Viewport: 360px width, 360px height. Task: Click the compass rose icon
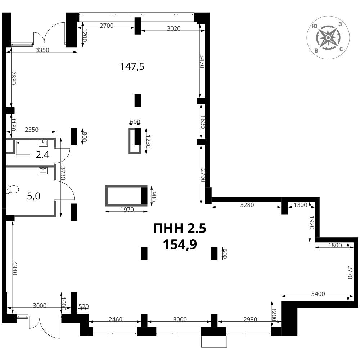click(x=328, y=38)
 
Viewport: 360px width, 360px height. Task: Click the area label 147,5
click(x=132, y=67)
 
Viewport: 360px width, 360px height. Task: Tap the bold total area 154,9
click(x=180, y=244)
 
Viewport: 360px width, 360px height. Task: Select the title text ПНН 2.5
click(x=180, y=229)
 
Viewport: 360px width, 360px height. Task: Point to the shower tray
click(x=23, y=148)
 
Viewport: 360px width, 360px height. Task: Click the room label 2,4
click(x=42, y=155)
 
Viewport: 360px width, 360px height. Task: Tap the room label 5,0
click(x=34, y=196)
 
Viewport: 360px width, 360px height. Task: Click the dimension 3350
click(x=42, y=50)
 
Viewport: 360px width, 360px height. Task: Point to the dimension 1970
click(x=127, y=210)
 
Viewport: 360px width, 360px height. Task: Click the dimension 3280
click(x=247, y=204)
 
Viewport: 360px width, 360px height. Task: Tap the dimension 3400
click(x=318, y=294)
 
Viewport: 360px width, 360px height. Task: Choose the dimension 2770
click(x=350, y=272)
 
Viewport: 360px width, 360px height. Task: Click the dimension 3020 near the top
click(x=174, y=28)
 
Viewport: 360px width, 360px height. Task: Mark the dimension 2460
click(x=116, y=319)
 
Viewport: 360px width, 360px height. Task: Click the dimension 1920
click(x=312, y=223)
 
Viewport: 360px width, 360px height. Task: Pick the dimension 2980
click(x=250, y=319)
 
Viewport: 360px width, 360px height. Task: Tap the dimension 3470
click(x=202, y=61)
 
